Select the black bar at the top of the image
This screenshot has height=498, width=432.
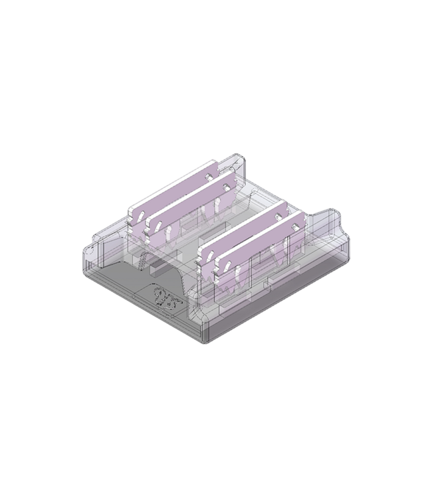tap(216, 17)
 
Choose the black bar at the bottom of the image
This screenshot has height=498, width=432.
tap(216, 481)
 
